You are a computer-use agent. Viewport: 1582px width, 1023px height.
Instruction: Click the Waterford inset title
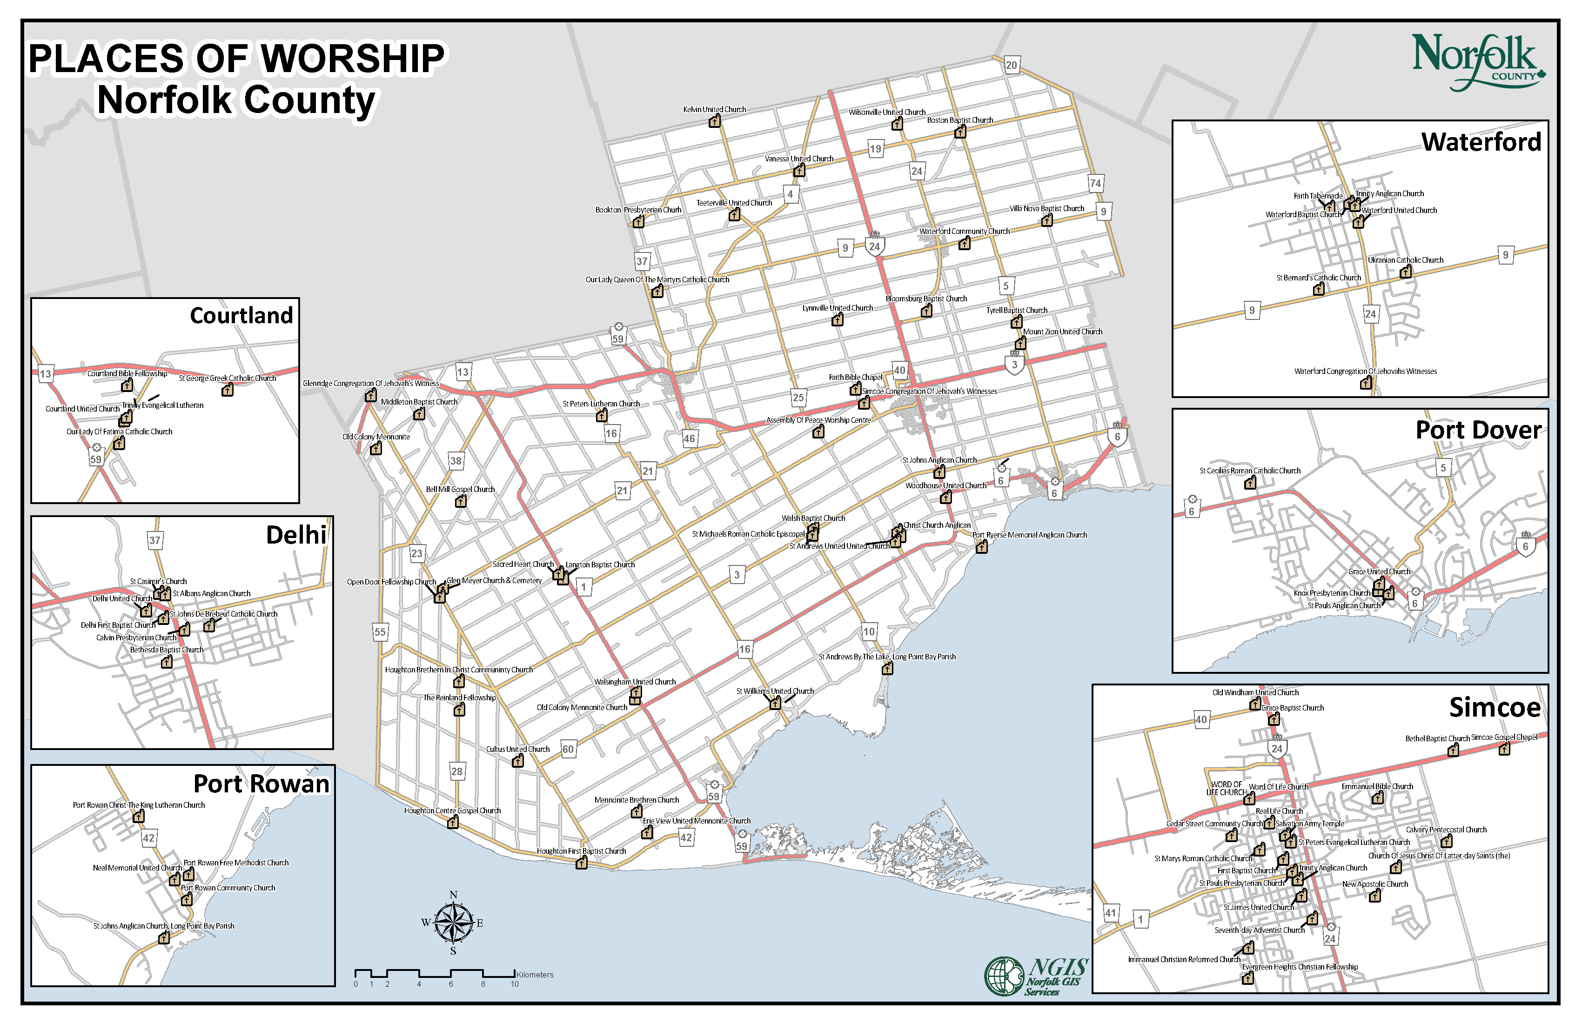(x=1481, y=142)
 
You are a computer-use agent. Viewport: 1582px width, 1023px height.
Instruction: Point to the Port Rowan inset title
(x=261, y=784)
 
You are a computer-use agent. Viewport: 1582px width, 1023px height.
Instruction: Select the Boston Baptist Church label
(x=960, y=120)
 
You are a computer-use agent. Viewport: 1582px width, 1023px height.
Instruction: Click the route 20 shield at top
(x=1011, y=65)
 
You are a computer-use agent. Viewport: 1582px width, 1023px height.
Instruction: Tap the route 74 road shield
(x=1095, y=183)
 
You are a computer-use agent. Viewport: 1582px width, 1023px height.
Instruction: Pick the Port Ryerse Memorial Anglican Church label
(x=1030, y=535)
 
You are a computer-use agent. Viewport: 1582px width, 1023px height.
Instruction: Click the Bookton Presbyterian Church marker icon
(x=638, y=222)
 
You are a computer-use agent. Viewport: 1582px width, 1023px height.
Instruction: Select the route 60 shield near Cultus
(x=568, y=749)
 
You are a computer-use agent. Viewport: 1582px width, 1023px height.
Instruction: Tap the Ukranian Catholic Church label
(x=1405, y=260)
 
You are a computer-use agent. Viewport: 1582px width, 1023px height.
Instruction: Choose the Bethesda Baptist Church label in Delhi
(x=167, y=650)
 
